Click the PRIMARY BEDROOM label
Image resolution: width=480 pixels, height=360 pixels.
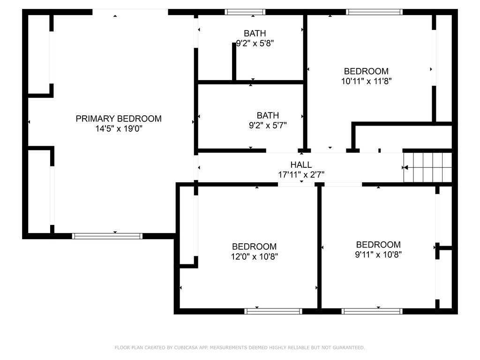tap(119, 119)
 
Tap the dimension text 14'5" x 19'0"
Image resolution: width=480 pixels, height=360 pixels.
tap(119, 128)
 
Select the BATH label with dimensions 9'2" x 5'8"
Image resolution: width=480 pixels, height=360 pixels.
tap(255, 33)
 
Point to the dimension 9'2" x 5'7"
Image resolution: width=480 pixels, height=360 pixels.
tap(268, 125)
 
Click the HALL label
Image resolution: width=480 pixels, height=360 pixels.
tap(301, 165)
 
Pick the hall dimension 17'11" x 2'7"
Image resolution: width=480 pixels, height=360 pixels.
tap(301, 174)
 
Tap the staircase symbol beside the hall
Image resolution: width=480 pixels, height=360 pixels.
tap(427, 167)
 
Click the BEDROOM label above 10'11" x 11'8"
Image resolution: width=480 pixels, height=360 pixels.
tap(366, 71)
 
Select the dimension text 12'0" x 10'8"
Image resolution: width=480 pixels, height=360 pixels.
tap(255, 256)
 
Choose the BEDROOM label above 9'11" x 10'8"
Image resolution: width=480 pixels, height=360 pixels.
tap(378, 245)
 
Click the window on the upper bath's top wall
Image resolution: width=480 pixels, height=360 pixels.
tap(245, 12)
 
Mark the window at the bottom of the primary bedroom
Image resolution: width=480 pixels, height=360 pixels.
tap(107, 236)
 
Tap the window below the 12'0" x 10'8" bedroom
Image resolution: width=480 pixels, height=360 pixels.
tap(273, 311)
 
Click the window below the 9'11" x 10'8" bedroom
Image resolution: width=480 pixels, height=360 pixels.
tap(372, 311)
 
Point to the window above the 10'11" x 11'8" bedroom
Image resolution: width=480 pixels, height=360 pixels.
tap(375, 12)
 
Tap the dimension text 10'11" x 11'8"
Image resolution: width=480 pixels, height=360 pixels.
tap(367, 81)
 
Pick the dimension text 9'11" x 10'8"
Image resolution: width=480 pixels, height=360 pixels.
tap(378, 255)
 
